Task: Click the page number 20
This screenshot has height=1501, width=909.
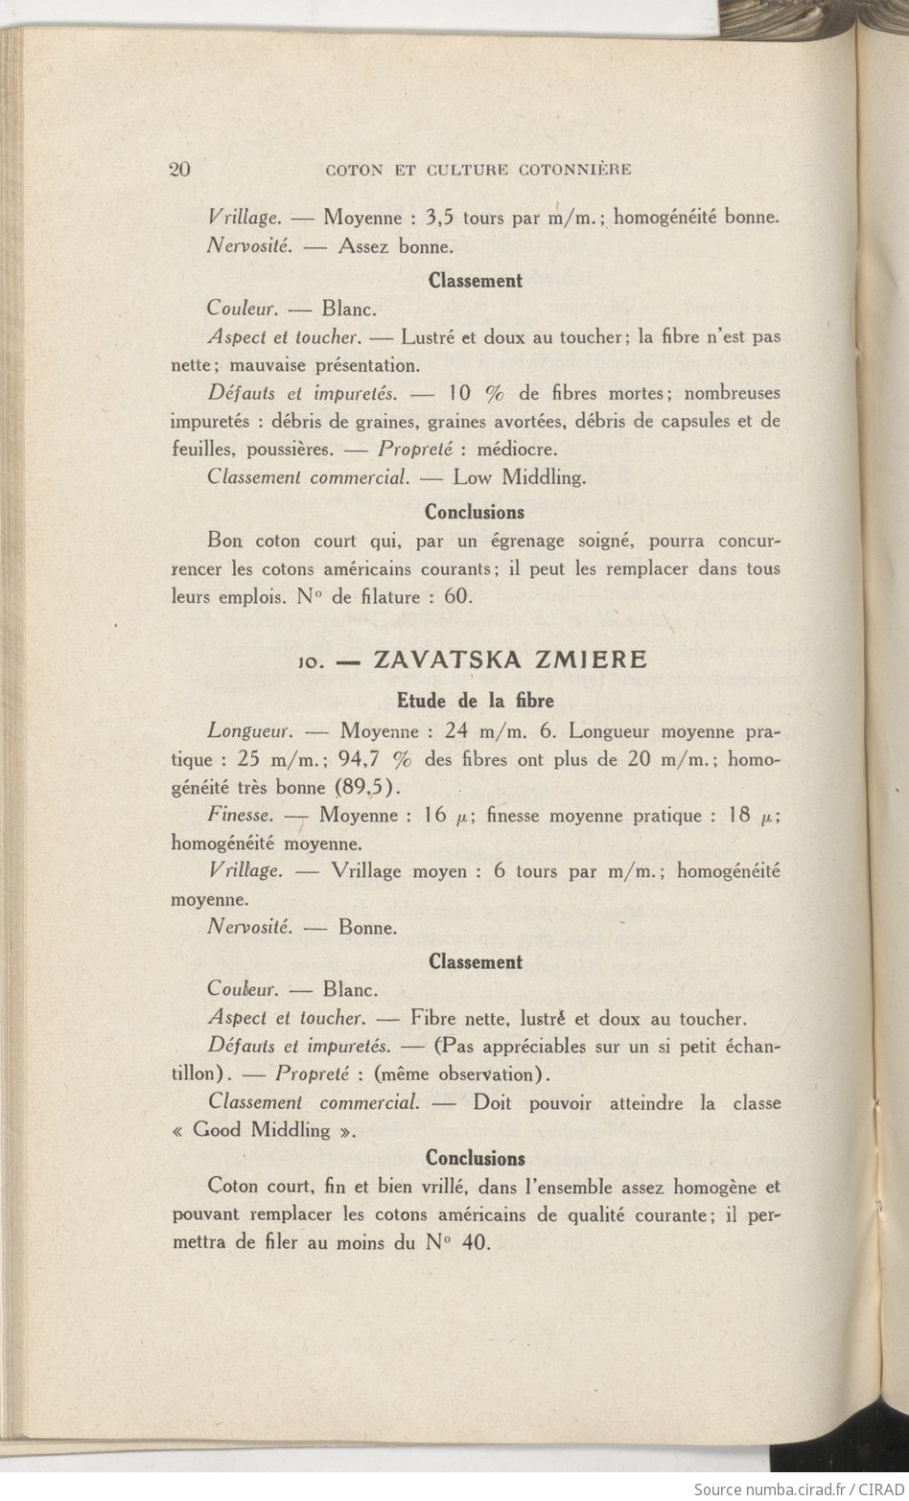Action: coord(180,170)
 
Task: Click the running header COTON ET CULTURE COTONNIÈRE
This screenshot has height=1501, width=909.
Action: coord(478,171)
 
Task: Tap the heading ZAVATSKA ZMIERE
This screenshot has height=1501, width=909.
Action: coord(509,659)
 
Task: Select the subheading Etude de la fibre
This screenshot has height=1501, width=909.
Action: coord(475,701)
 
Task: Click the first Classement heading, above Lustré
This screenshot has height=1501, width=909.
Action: coord(475,281)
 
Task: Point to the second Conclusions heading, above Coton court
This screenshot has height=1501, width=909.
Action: coord(475,1158)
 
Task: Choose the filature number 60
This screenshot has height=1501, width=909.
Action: coord(457,596)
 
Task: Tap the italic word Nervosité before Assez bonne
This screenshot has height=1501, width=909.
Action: coord(249,245)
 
